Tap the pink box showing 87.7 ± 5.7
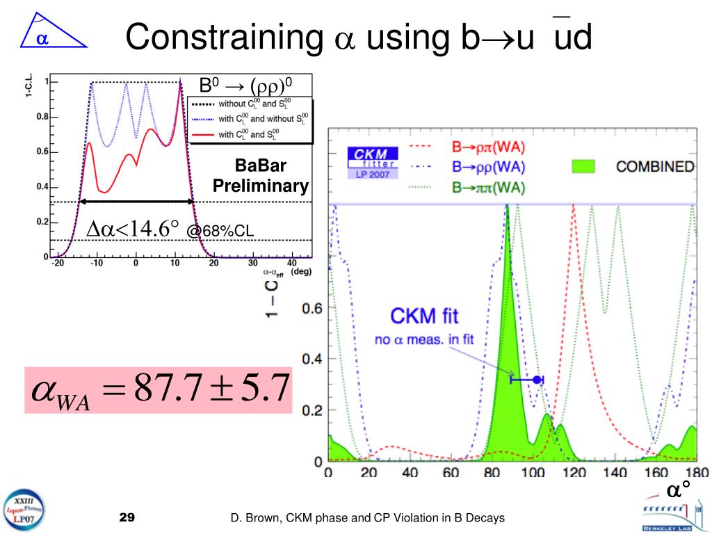[x=158, y=390]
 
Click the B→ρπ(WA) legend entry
[x=487, y=147]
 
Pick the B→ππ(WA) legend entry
[x=487, y=186]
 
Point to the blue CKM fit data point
[x=536, y=379]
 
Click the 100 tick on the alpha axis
[x=533, y=474]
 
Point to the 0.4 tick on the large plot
[x=311, y=359]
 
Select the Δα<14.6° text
[x=132, y=229]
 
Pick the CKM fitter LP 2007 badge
[x=373, y=163]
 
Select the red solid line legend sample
[x=202, y=134]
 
